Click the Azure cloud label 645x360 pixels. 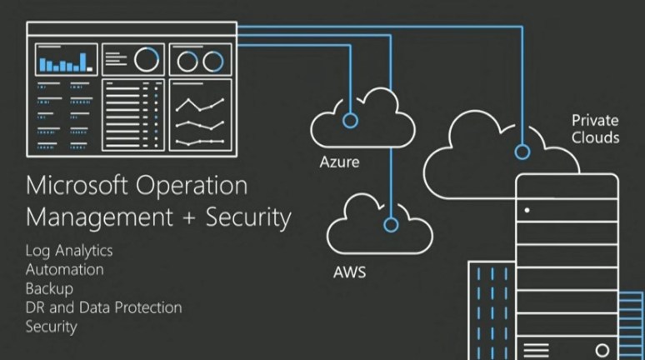pos(340,162)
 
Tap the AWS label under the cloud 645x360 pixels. pos(350,272)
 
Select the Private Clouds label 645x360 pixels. pos(595,128)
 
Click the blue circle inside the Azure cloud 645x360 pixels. pos(350,121)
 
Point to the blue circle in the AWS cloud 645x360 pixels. pos(391,224)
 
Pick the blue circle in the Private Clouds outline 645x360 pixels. pos(522,152)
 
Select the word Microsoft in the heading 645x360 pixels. pos(76,184)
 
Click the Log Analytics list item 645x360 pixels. pos(69,250)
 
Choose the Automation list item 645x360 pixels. pos(65,269)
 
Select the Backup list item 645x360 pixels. pos(49,288)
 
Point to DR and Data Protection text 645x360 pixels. pos(103,307)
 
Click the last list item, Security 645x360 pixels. pos(52,327)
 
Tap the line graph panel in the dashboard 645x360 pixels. pos(200,115)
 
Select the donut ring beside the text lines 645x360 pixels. pos(147,59)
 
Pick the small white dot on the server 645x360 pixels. pos(527,210)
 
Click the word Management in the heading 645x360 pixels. pos(92,217)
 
